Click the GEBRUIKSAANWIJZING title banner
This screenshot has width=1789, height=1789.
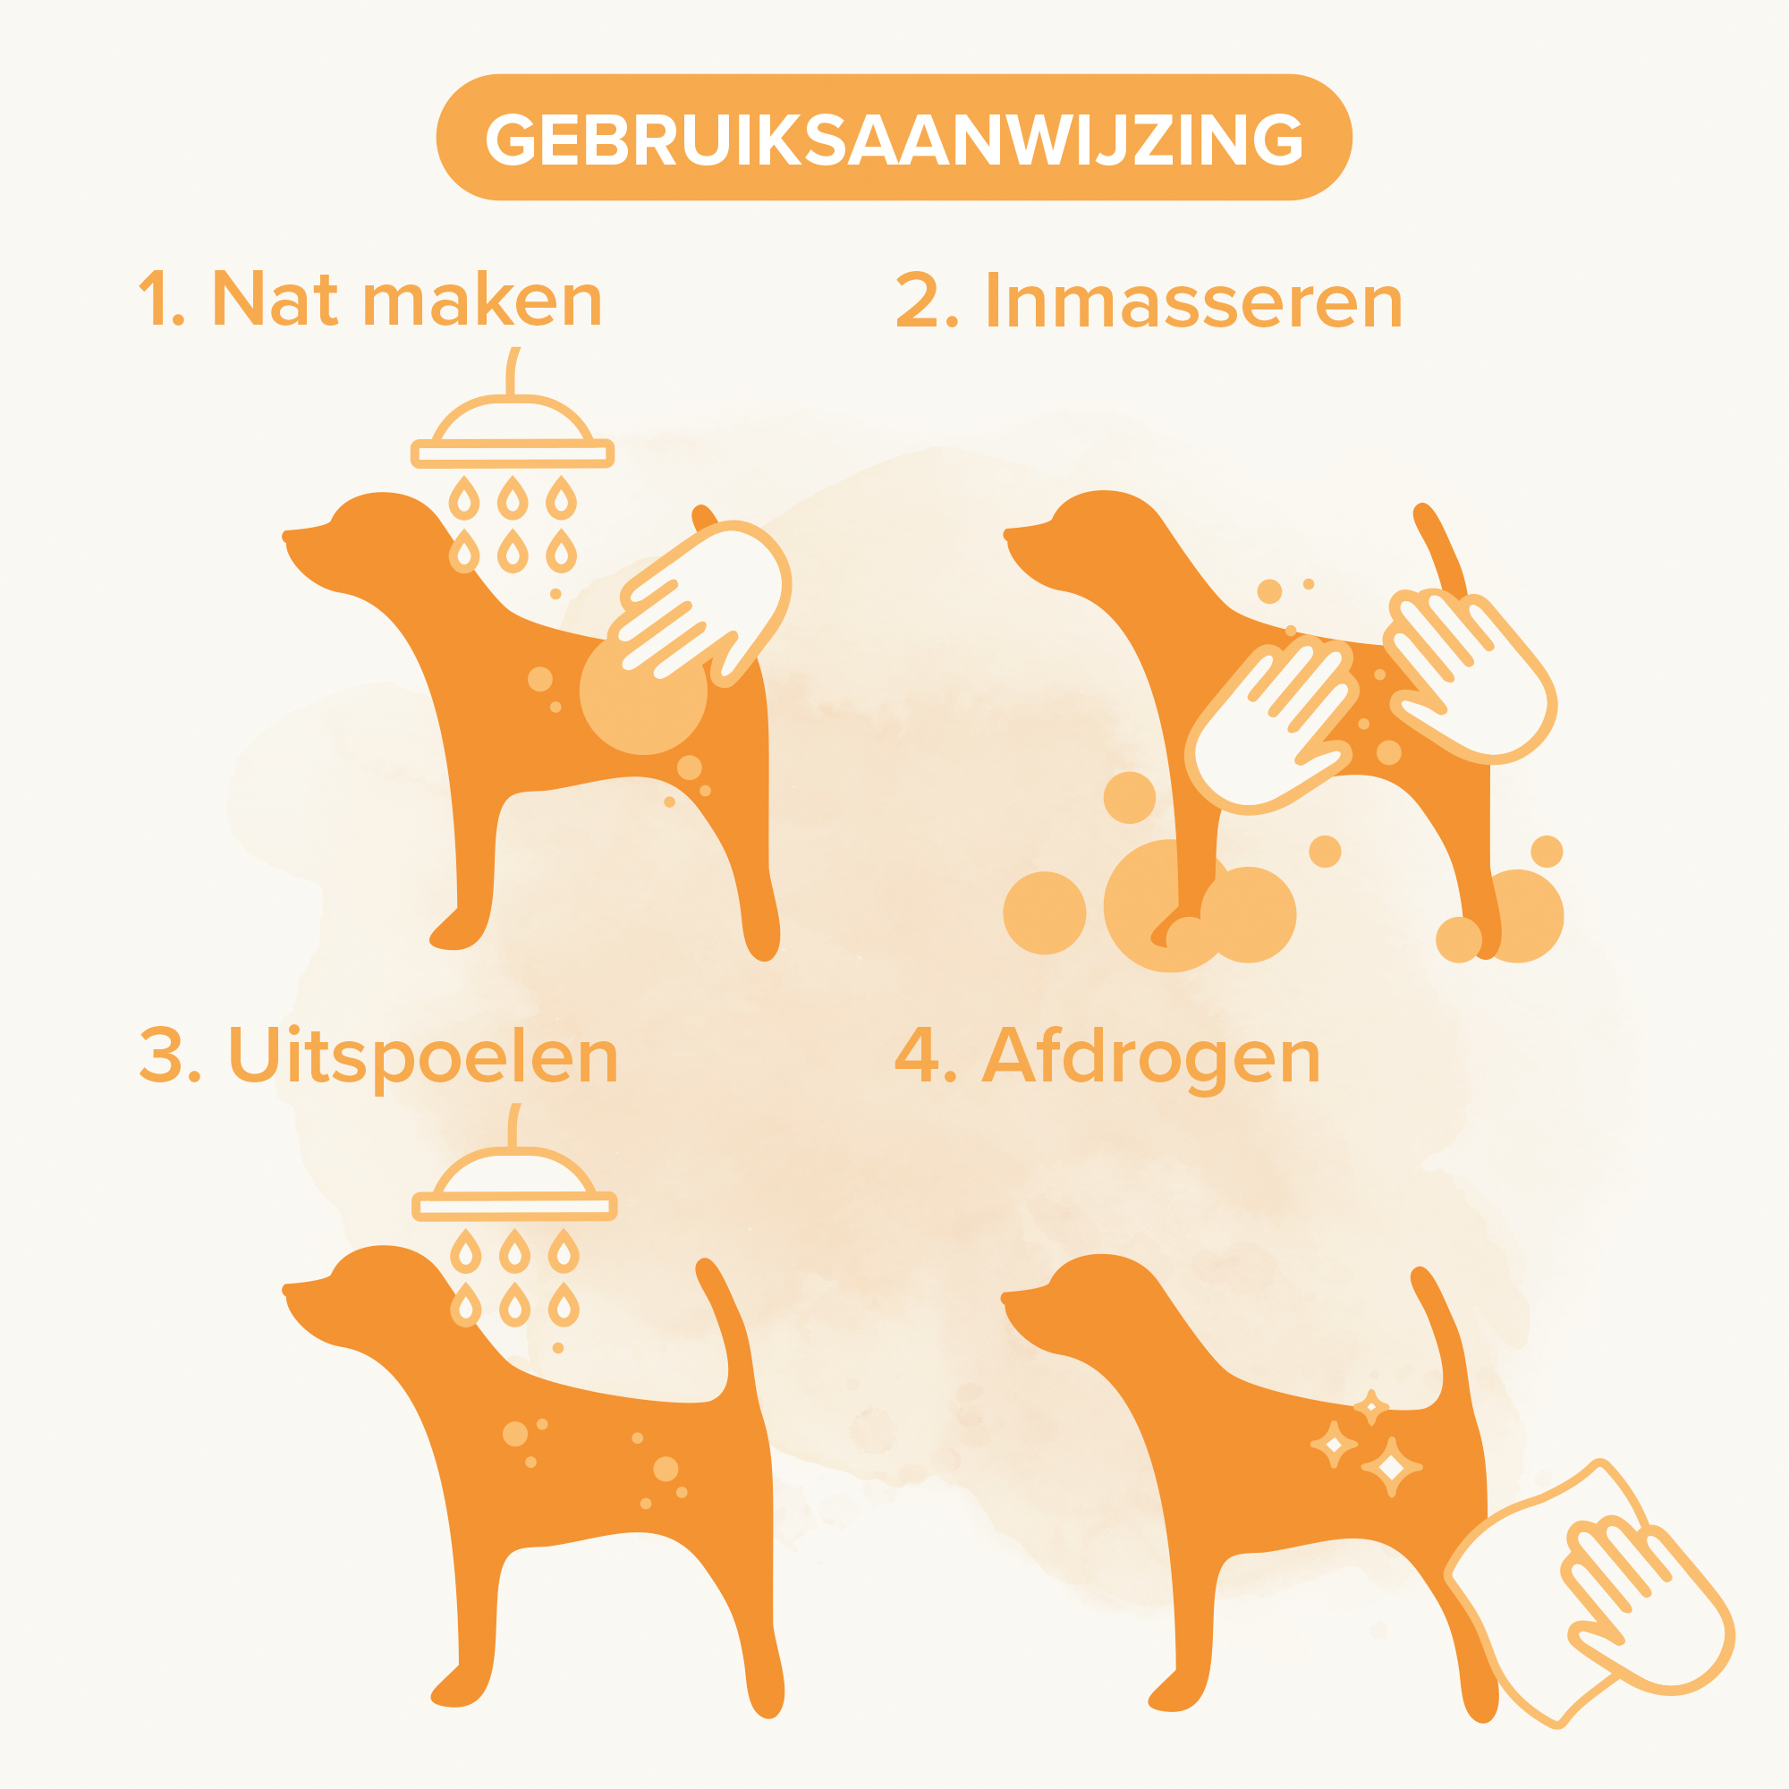(894, 137)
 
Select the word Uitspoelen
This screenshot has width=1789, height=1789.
(423, 1056)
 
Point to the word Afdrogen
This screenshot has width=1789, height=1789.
(1150, 1056)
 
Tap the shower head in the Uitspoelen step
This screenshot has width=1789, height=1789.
(514, 1186)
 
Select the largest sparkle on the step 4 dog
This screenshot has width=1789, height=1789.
(1391, 1467)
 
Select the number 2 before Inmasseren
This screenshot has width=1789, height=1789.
(927, 301)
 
